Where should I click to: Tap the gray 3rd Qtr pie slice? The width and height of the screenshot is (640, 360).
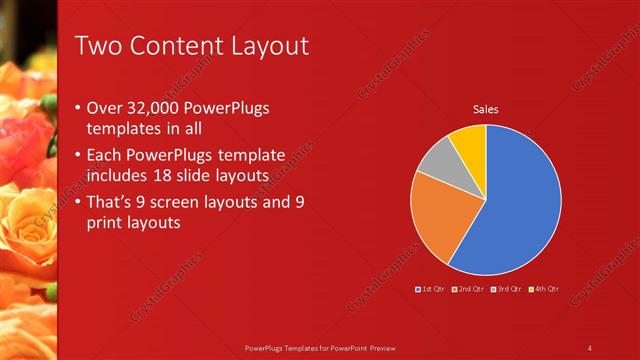coord(434,164)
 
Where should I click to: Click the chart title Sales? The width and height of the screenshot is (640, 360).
coord(485,108)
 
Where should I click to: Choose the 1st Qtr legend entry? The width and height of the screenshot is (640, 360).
coord(430,289)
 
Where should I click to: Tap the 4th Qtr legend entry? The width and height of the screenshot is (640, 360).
coord(543,289)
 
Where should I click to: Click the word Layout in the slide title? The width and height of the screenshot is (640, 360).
coord(264,46)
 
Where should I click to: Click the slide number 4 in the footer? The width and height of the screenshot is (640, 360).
coord(590,348)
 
